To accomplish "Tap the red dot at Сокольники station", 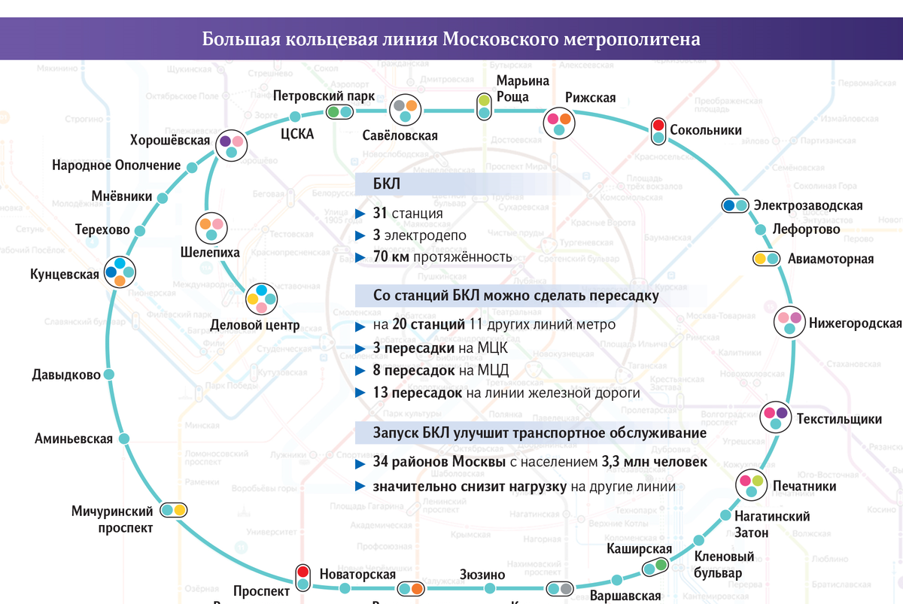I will click(658, 125).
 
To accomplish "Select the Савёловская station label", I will click(400, 136).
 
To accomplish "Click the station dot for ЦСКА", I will click(295, 116).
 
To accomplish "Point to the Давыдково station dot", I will click(109, 375).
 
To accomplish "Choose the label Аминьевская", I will click(74, 439).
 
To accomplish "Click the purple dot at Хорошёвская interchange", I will click(225, 141).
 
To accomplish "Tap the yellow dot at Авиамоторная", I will click(761, 259).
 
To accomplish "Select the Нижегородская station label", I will click(855, 324).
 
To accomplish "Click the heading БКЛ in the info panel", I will click(387, 185).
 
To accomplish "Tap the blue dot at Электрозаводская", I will click(728, 205).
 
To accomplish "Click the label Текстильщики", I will click(839, 419).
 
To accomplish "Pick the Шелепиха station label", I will click(210, 253).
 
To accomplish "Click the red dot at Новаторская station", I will click(303, 572).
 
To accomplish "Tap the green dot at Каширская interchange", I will click(661, 565).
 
